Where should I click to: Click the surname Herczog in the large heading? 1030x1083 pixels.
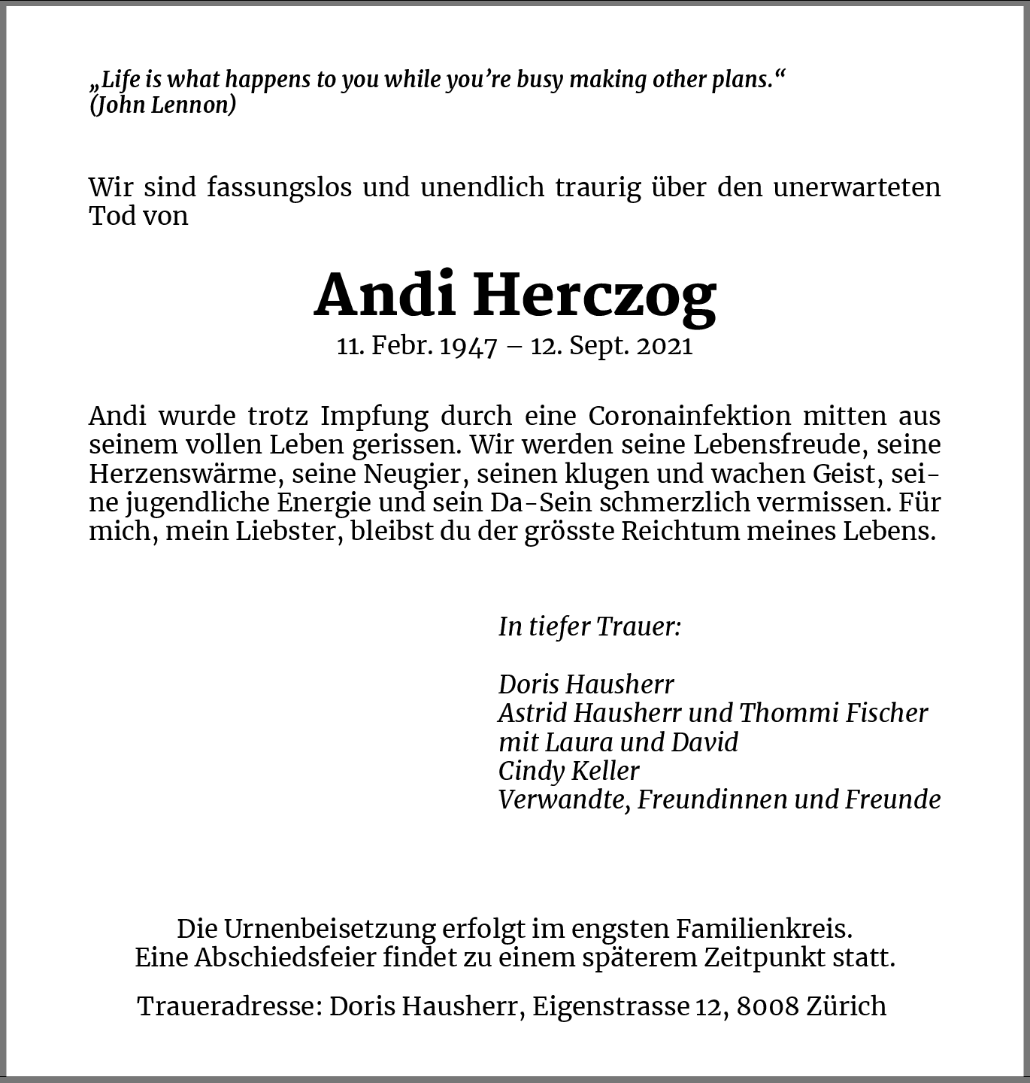click(x=595, y=295)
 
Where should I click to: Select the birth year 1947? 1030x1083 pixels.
click(x=468, y=347)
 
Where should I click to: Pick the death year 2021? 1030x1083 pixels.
click(x=664, y=347)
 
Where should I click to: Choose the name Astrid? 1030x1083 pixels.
click(x=531, y=713)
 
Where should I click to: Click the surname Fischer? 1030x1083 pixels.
click(x=886, y=713)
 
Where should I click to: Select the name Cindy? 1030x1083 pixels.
click(x=531, y=771)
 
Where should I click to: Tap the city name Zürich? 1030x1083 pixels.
click(x=847, y=1006)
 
